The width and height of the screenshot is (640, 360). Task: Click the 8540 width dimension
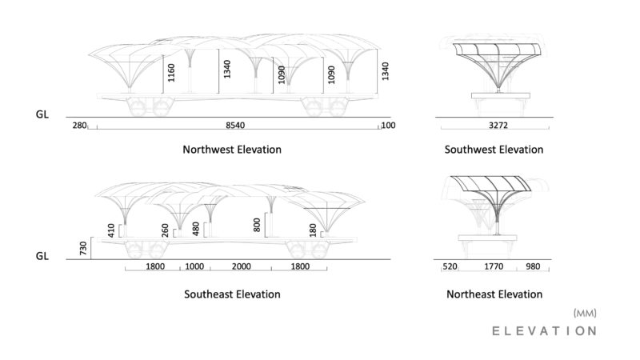235,126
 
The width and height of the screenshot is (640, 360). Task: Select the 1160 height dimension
171,73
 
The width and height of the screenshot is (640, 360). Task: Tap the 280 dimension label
79,126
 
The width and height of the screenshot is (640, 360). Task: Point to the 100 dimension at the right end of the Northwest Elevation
388,126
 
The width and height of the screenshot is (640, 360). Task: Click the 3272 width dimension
498,126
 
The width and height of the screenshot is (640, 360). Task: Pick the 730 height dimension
83,249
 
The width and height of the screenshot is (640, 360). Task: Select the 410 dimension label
111,230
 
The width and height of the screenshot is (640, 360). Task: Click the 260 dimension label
165,230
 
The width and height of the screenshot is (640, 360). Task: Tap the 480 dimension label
195,229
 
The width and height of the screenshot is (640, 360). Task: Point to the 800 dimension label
257,225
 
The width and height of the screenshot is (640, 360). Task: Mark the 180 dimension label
313,230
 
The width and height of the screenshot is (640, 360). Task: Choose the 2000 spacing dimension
242,266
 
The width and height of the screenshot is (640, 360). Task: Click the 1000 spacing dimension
194,266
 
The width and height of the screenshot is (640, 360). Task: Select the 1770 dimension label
494,266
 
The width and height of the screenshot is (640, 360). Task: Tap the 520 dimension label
450,266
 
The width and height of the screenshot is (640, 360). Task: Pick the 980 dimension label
533,266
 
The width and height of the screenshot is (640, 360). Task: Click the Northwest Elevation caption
232,150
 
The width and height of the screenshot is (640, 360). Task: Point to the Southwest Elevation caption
494,150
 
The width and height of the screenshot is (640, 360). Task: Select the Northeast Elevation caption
494,294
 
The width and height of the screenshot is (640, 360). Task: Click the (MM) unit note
585,313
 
